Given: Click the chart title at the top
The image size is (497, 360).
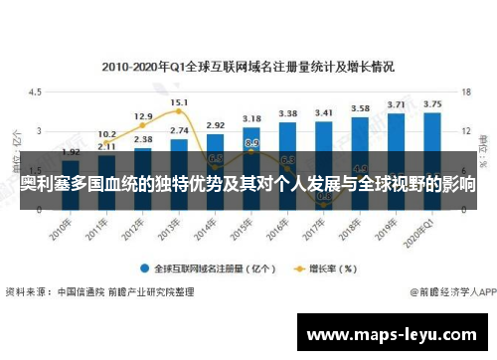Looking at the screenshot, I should pyautogui.click(x=248, y=67).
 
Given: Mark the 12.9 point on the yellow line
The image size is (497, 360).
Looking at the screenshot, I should pyautogui.click(x=143, y=125).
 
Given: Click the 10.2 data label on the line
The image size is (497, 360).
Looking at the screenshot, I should pyautogui.click(x=106, y=132).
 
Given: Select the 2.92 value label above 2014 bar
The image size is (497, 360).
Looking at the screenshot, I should pyautogui.click(x=215, y=125).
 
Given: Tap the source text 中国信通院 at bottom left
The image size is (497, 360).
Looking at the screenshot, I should pyautogui.click(x=79, y=292).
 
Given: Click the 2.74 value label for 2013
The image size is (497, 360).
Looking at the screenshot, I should pyautogui.click(x=179, y=130).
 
